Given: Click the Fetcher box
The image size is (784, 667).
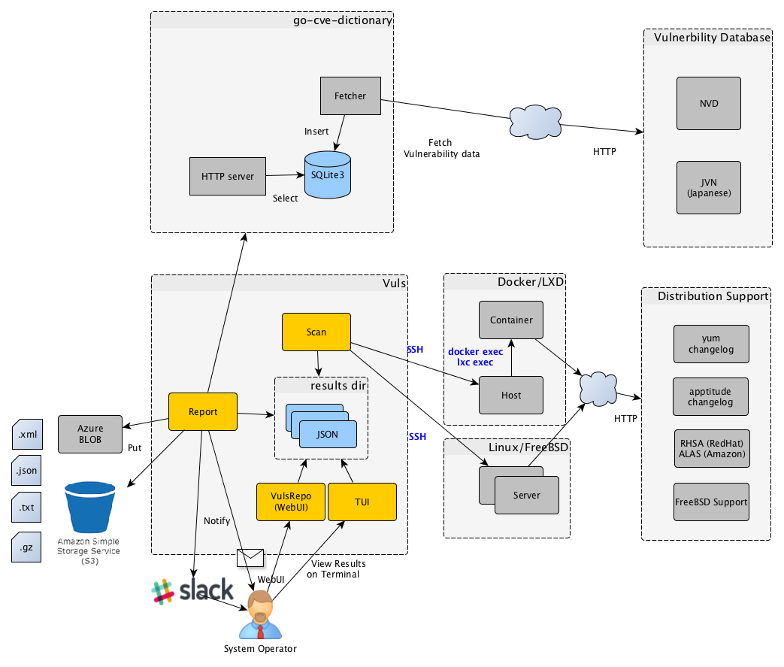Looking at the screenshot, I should pyautogui.click(x=350, y=96).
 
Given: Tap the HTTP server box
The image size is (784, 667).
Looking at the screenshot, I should pyautogui.click(x=227, y=177).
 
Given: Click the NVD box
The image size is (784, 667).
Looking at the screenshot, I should pyautogui.click(x=708, y=103).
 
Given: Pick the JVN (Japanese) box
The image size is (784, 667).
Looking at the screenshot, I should pyautogui.click(x=708, y=186).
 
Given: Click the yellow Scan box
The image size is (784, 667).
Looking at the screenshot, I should pyautogui.click(x=316, y=332).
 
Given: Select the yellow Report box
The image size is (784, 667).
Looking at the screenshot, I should pyautogui.click(x=203, y=412).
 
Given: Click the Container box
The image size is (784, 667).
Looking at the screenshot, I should pyautogui.click(x=511, y=320).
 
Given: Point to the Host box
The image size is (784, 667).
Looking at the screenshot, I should pyautogui.click(x=511, y=395).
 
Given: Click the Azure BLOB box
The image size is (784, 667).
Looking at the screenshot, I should pyautogui.click(x=90, y=434).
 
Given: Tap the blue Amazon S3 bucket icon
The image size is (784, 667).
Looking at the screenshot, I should pyautogui.click(x=90, y=508).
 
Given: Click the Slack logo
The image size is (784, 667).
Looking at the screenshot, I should pyautogui.click(x=192, y=592).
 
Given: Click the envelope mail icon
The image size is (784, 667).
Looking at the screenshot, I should pyautogui.click(x=250, y=557).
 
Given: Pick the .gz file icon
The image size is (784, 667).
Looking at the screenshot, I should pyautogui.click(x=26, y=547).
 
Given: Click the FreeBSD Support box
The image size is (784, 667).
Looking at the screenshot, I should pyautogui.click(x=711, y=502).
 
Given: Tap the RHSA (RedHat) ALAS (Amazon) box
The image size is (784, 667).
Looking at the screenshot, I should pyautogui.click(x=711, y=448).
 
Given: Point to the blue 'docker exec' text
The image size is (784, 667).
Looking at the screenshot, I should pyautogui.click(x=475, y=351).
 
